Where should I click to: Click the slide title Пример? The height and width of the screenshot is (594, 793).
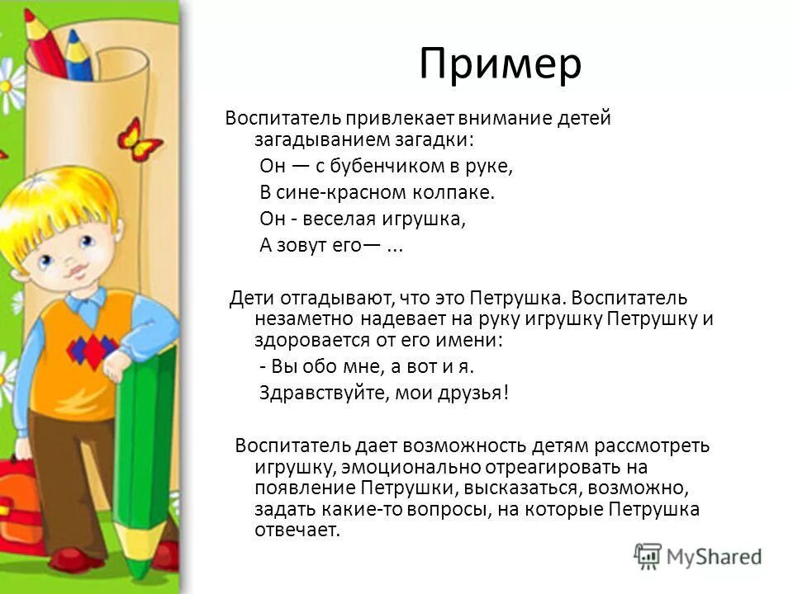click(500, 64)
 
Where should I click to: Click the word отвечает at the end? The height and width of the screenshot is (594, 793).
click(299, 530)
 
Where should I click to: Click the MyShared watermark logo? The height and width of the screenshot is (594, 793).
click(698, 555)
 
